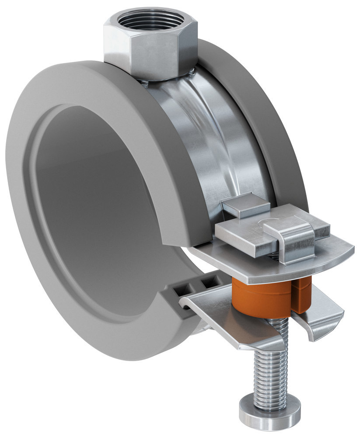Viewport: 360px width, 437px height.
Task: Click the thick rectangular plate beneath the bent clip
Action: pos(245,238)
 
